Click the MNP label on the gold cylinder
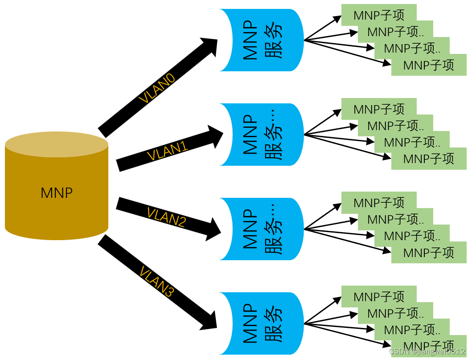(57, 193)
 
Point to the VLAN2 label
(166, 217)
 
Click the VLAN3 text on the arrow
(156, 282)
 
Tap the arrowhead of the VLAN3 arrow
(209, 322)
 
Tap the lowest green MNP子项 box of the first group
(429, 66)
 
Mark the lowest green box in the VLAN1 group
(429, 160)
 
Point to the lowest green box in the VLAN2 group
(429, 254)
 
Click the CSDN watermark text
(427, 352)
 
